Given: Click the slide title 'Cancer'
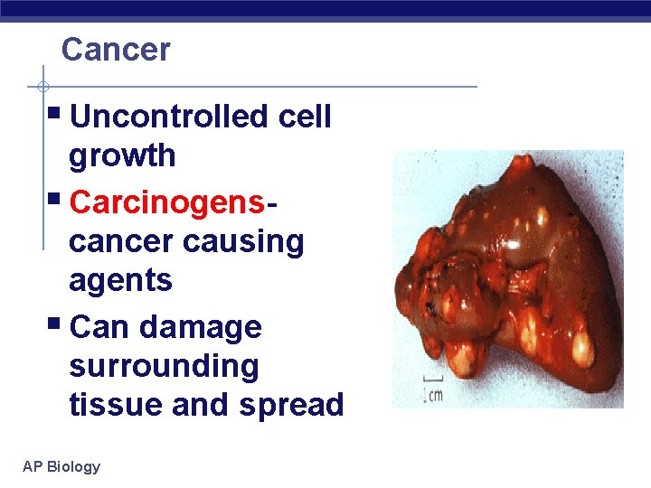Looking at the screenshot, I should pos(115,50).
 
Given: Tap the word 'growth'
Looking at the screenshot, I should pos(122,155).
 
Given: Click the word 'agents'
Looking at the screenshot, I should pos(120,281).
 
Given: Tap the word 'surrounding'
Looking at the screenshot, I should pos(164,366).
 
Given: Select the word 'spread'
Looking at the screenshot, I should pos(292,405).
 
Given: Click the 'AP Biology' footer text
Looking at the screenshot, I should pos(61,466).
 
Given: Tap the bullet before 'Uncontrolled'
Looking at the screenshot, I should pos(55,115).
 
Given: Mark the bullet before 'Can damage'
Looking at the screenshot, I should pos(55,324).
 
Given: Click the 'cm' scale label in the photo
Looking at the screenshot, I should pos(437,396).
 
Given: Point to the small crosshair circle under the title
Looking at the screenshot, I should pos(42,87).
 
